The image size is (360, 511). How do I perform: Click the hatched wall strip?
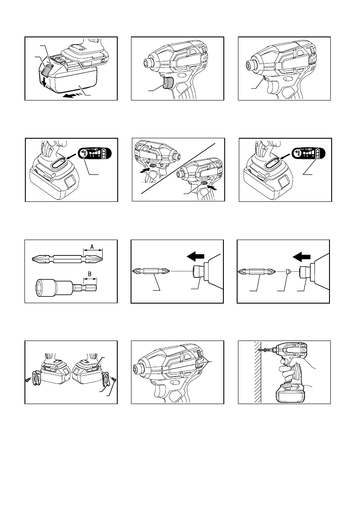pos(256,372)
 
